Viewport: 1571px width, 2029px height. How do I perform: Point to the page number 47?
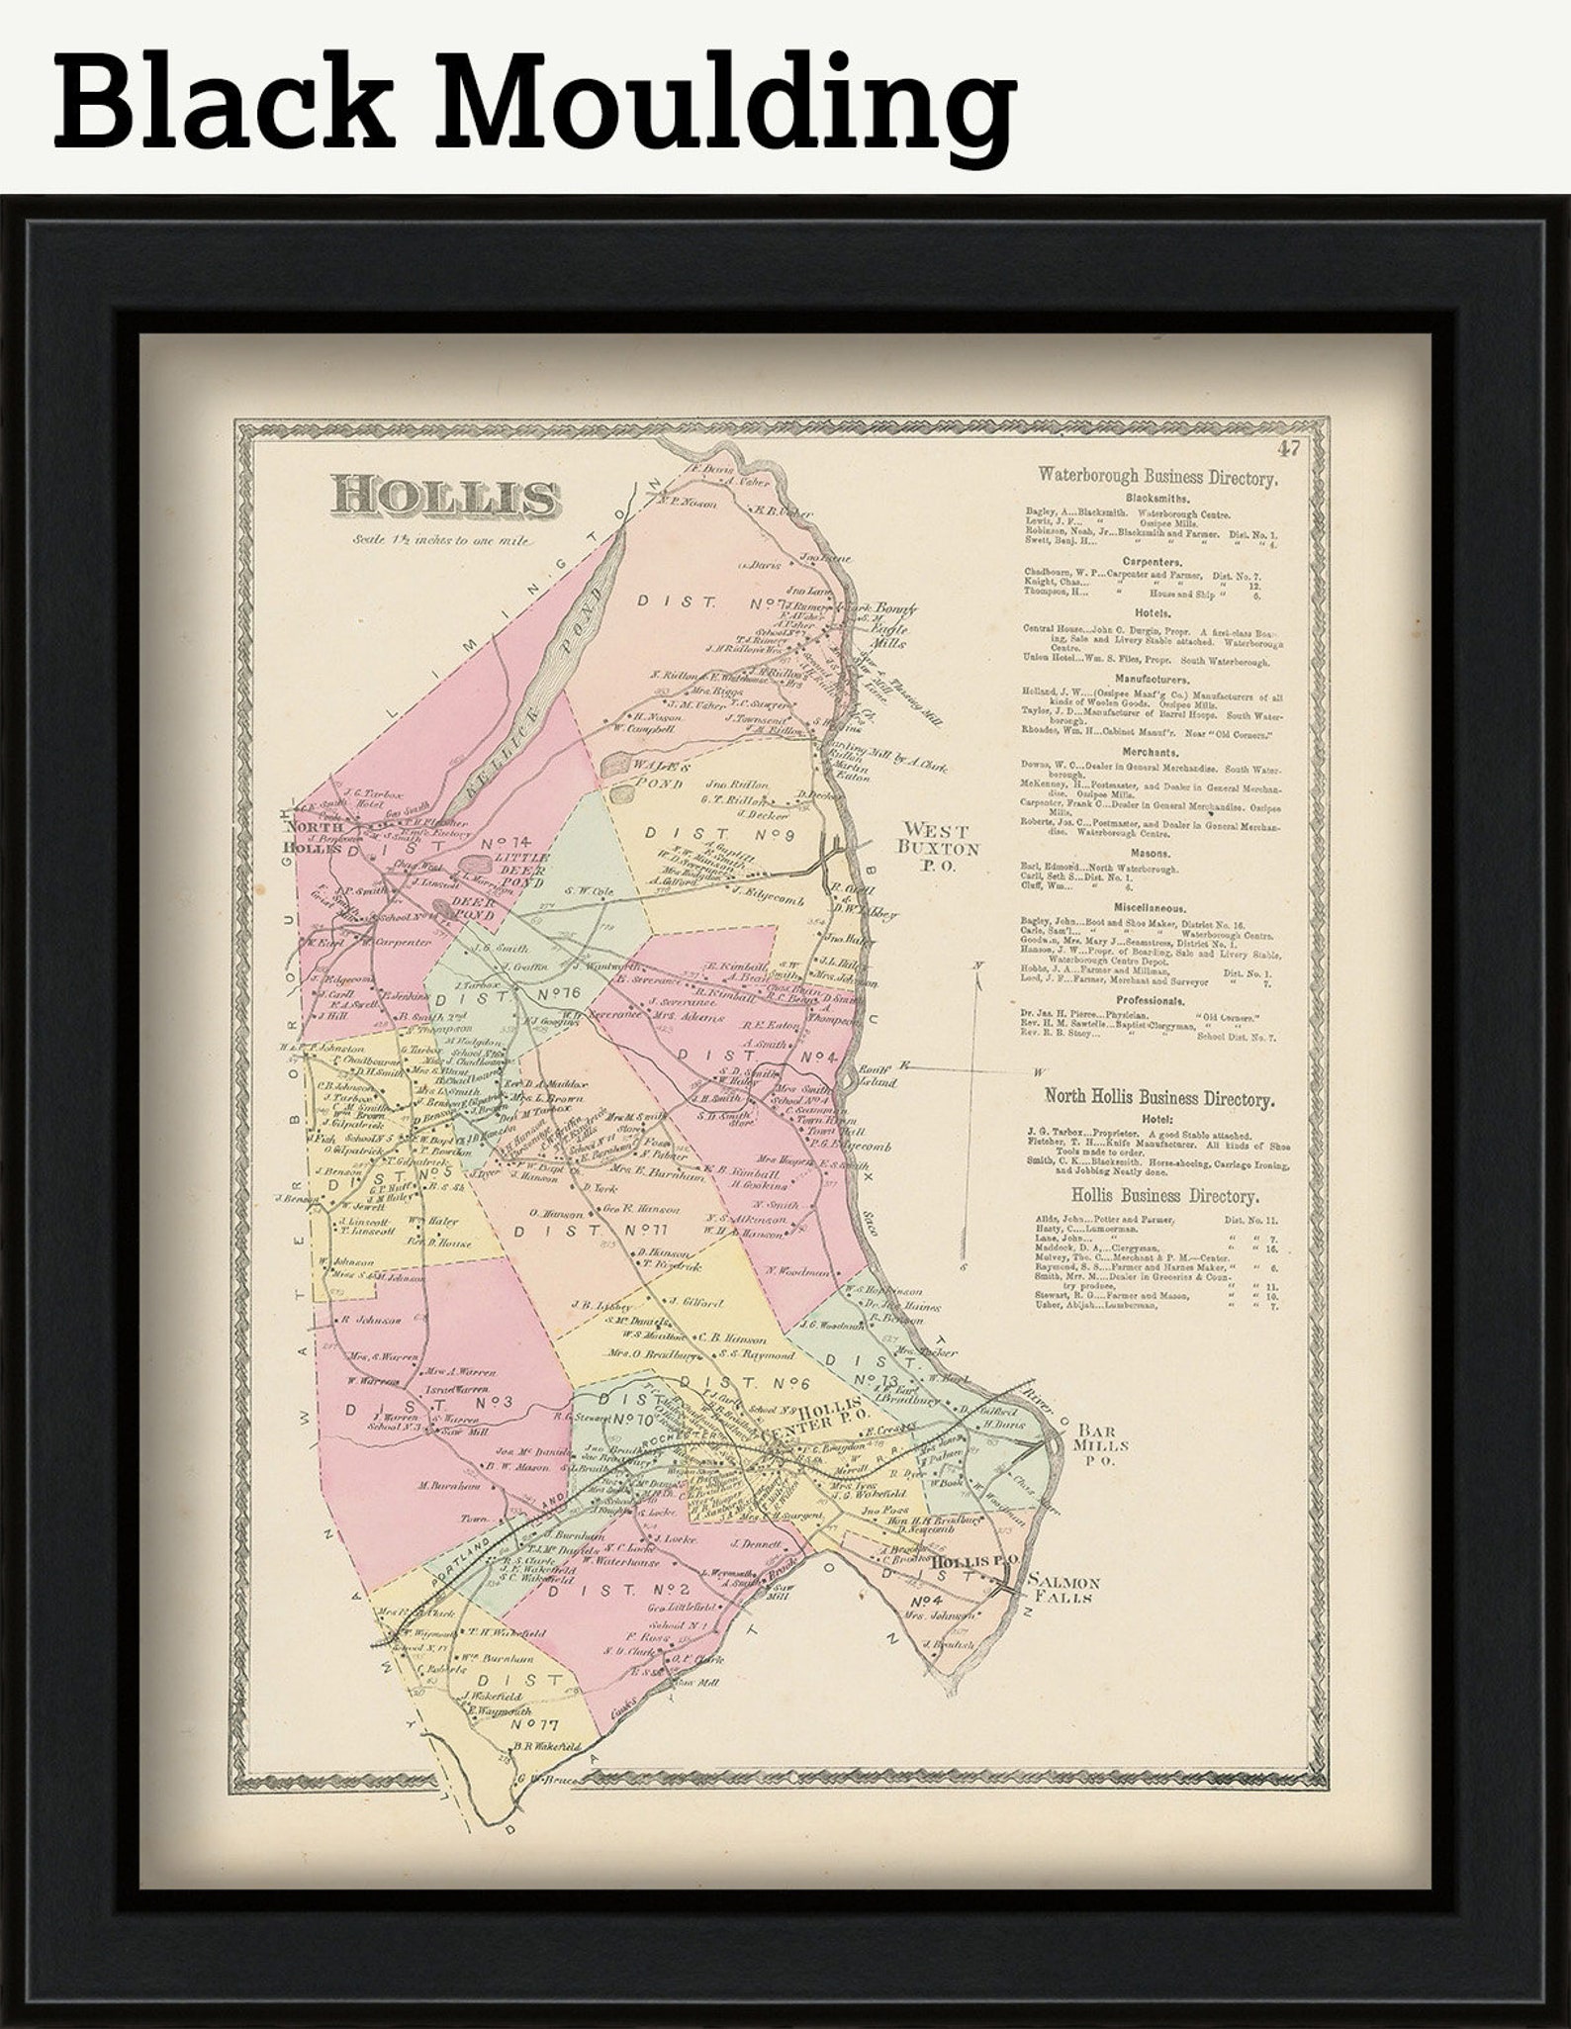[1287, 450]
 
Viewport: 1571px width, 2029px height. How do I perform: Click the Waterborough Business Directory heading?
[1156, 478]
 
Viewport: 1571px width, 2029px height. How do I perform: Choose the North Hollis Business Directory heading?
[1159, 1098]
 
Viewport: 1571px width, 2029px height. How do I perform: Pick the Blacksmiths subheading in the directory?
[1155, 500]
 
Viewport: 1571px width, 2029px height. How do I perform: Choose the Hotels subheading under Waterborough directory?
[1155, 613]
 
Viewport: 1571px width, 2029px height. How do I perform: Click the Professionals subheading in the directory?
[1155, 1001]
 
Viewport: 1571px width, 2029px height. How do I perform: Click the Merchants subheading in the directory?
[1155, 752]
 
